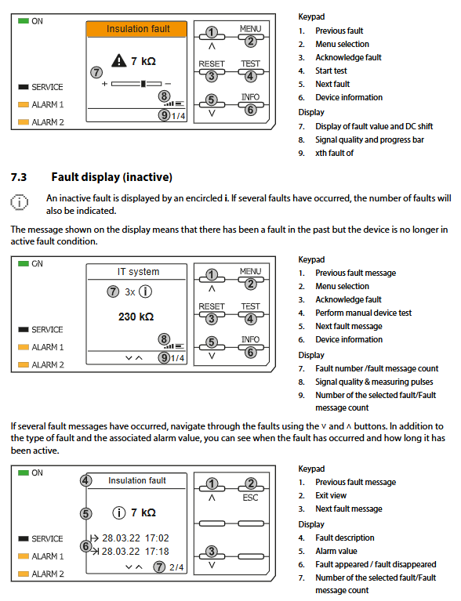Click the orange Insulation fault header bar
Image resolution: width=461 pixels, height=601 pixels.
(136, 29)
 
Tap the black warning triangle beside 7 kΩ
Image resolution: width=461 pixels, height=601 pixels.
(119, 61)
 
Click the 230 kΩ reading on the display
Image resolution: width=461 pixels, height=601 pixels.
(136, 317)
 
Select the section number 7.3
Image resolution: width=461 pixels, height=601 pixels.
(19, 177)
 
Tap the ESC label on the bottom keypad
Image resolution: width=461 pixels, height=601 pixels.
(250, 498)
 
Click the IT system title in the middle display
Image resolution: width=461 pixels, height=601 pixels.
(138, 272)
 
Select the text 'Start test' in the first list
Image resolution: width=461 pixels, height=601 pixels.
(331, 71)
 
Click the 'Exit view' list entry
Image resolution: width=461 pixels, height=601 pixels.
(331, 495)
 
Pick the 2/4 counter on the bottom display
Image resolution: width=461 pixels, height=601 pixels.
(176, 567)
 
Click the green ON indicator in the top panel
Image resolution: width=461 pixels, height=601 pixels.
(24, 20)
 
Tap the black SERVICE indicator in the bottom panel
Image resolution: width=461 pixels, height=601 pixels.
(24, 538)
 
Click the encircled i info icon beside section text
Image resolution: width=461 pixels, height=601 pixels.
(19, 202)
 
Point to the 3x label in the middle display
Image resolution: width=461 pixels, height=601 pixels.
(129, 292)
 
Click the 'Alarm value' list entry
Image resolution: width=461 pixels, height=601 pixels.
(336, 551)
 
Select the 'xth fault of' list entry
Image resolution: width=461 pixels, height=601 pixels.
(335, 154)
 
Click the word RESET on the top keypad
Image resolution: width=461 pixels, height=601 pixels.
(212, 63)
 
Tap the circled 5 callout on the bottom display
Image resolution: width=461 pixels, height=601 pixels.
(86, 513)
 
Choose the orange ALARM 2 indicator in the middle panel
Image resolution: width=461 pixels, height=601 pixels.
(24, 364)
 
